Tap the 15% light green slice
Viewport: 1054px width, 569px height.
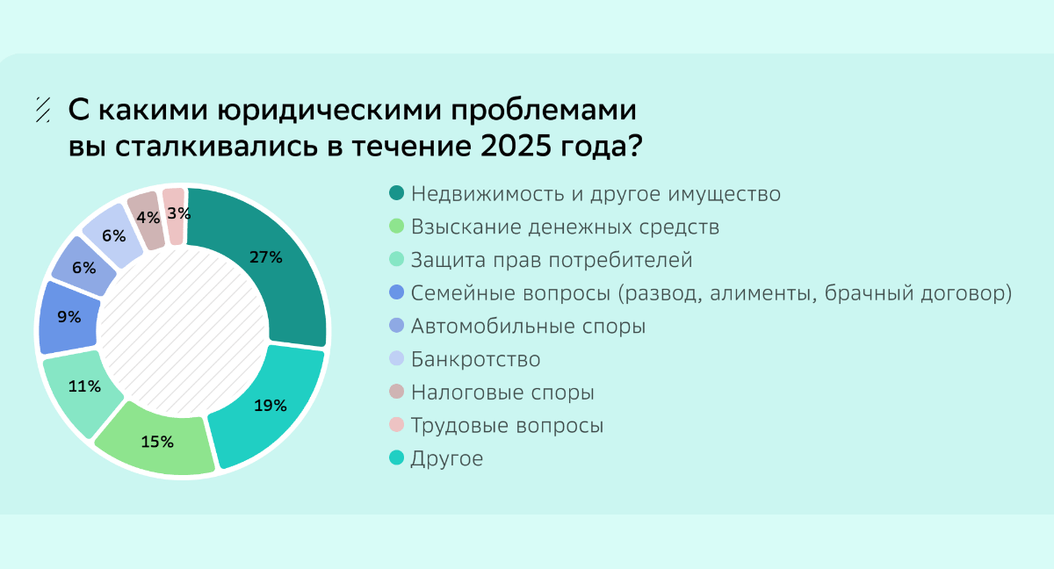tap(157, 442)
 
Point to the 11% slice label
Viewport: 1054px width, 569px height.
tap(84, 386)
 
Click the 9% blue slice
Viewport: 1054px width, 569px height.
tap(69, 317)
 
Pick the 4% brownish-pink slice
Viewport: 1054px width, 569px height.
tap(148, 220)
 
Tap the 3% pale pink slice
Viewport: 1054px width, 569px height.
tap(175, 216)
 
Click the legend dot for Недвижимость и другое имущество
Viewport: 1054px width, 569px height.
tap(397, 193)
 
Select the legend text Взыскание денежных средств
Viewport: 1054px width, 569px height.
tap(565, 227)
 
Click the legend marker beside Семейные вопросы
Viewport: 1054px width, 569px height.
tap(397, 292)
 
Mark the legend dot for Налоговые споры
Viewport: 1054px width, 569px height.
tap(397, 392)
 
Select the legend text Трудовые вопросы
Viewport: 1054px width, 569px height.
tap(507, 426)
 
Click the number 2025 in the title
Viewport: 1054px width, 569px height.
tap(516, 146)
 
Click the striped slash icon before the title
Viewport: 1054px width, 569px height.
tap(43, 110)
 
